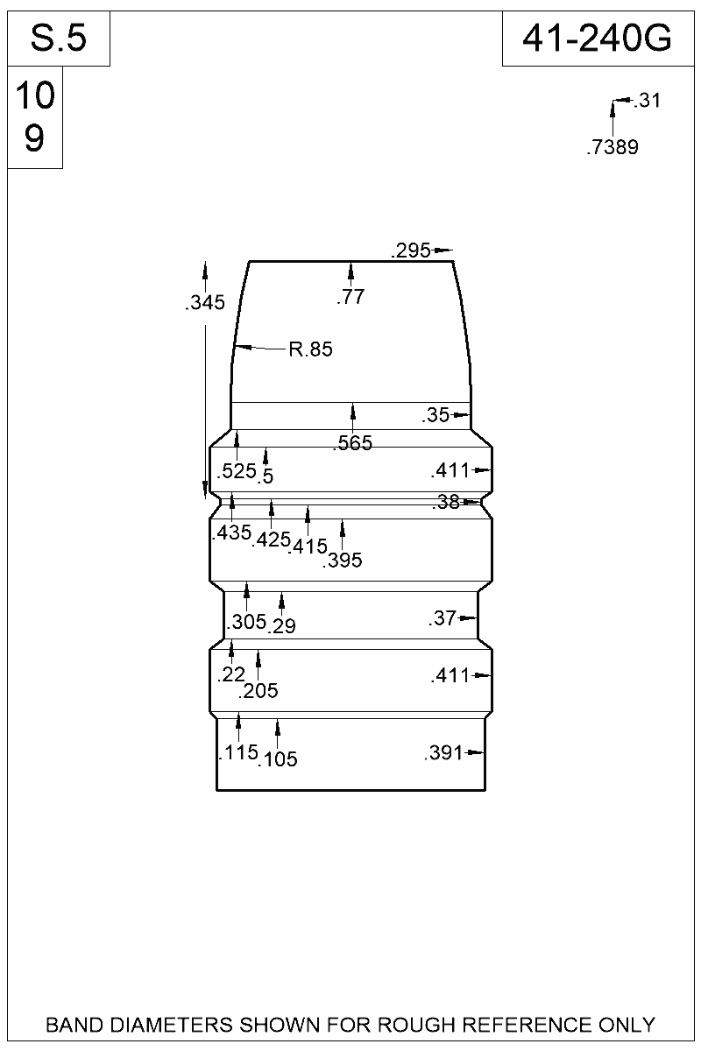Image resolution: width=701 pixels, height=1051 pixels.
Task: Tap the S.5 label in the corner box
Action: click(59, 39)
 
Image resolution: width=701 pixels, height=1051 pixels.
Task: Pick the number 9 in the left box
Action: click(34, 138)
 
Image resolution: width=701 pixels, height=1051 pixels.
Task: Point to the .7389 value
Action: click(612, 148)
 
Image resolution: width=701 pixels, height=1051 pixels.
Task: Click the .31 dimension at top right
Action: click(647, 101)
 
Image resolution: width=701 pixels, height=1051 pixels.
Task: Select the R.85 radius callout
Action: click(310, 350)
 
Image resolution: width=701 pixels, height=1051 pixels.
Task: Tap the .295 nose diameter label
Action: click(410, 251)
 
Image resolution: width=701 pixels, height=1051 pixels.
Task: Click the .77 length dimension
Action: click(350, 298)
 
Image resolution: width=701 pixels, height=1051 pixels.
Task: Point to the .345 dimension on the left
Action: click(206, 304)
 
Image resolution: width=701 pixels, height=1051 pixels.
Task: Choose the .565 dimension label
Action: click(352, 444)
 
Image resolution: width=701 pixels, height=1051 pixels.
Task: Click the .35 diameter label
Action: click(435, 415)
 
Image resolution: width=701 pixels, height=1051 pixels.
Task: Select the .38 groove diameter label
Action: click(447, 503)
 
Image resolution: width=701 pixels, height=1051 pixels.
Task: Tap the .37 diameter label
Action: click(443, 619)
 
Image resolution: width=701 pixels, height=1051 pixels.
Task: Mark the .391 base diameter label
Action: click(443, 753)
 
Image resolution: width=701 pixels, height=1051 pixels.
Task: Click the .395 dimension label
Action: click(343, 561)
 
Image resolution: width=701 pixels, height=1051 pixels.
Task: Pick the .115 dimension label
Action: click(237, 752)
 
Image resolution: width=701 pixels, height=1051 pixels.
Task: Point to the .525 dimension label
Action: click(236, 471)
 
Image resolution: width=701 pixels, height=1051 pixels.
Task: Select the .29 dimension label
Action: click(283, 626)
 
